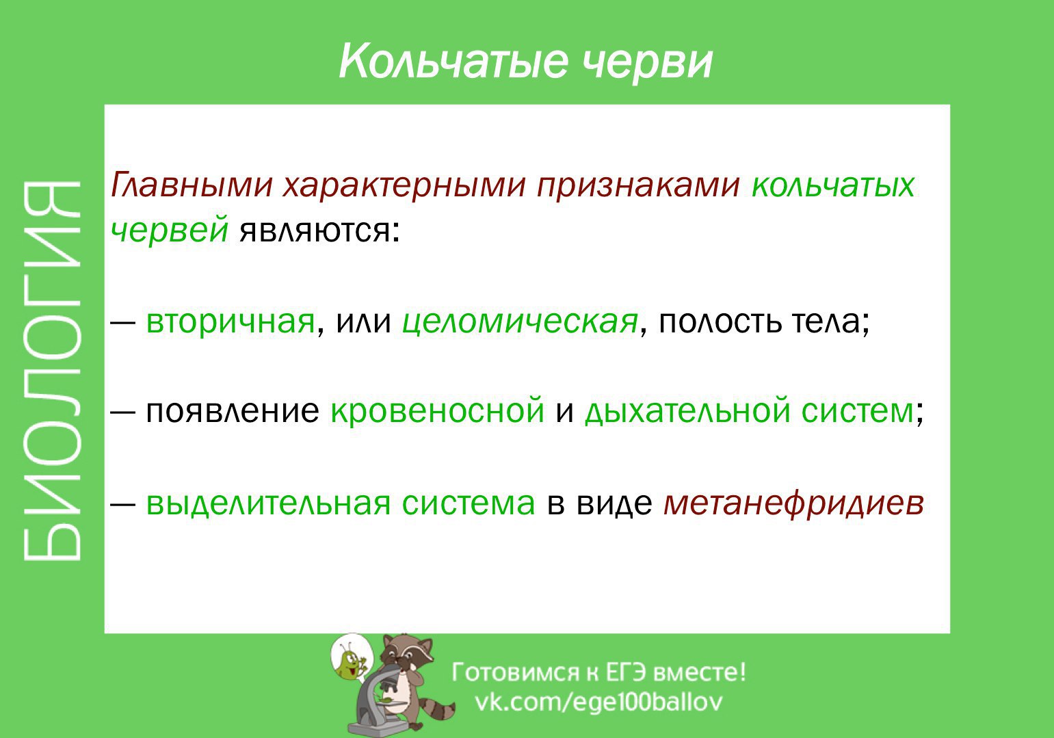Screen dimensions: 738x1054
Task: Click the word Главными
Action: (192, 185)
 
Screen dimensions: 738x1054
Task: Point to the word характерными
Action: (404, 185)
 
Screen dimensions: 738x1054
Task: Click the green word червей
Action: (169, 230)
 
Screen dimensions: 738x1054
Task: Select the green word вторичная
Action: (230, 321)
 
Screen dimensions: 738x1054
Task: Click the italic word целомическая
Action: (520, 321)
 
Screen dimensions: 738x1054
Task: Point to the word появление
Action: (232, 411)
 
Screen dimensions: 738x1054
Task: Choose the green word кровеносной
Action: (437, 411)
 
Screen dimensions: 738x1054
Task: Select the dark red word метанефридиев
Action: (793, 503)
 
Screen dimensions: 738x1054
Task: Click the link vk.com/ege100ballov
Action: (598, 702)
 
